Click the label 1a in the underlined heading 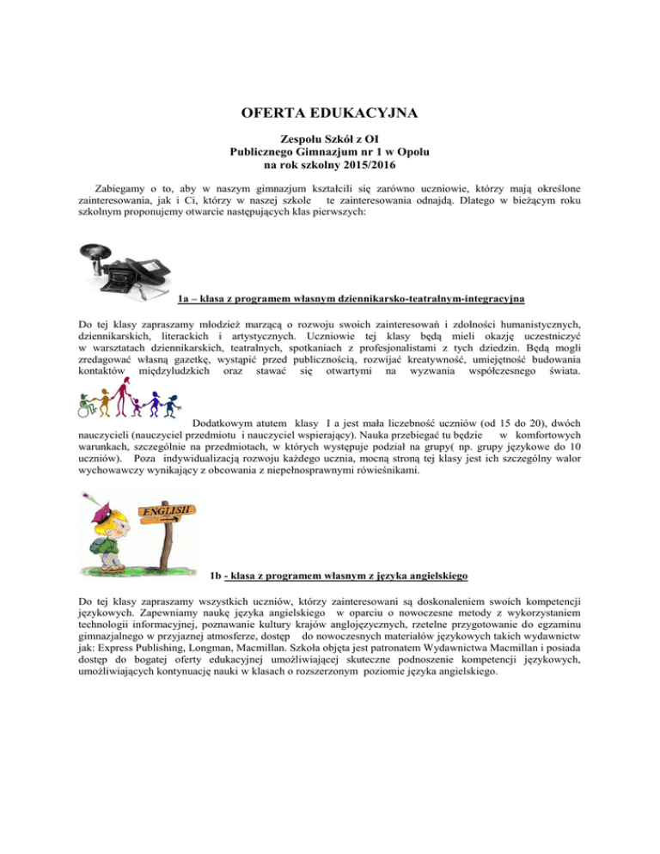point(184,300)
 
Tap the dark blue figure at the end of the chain point(179,410)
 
